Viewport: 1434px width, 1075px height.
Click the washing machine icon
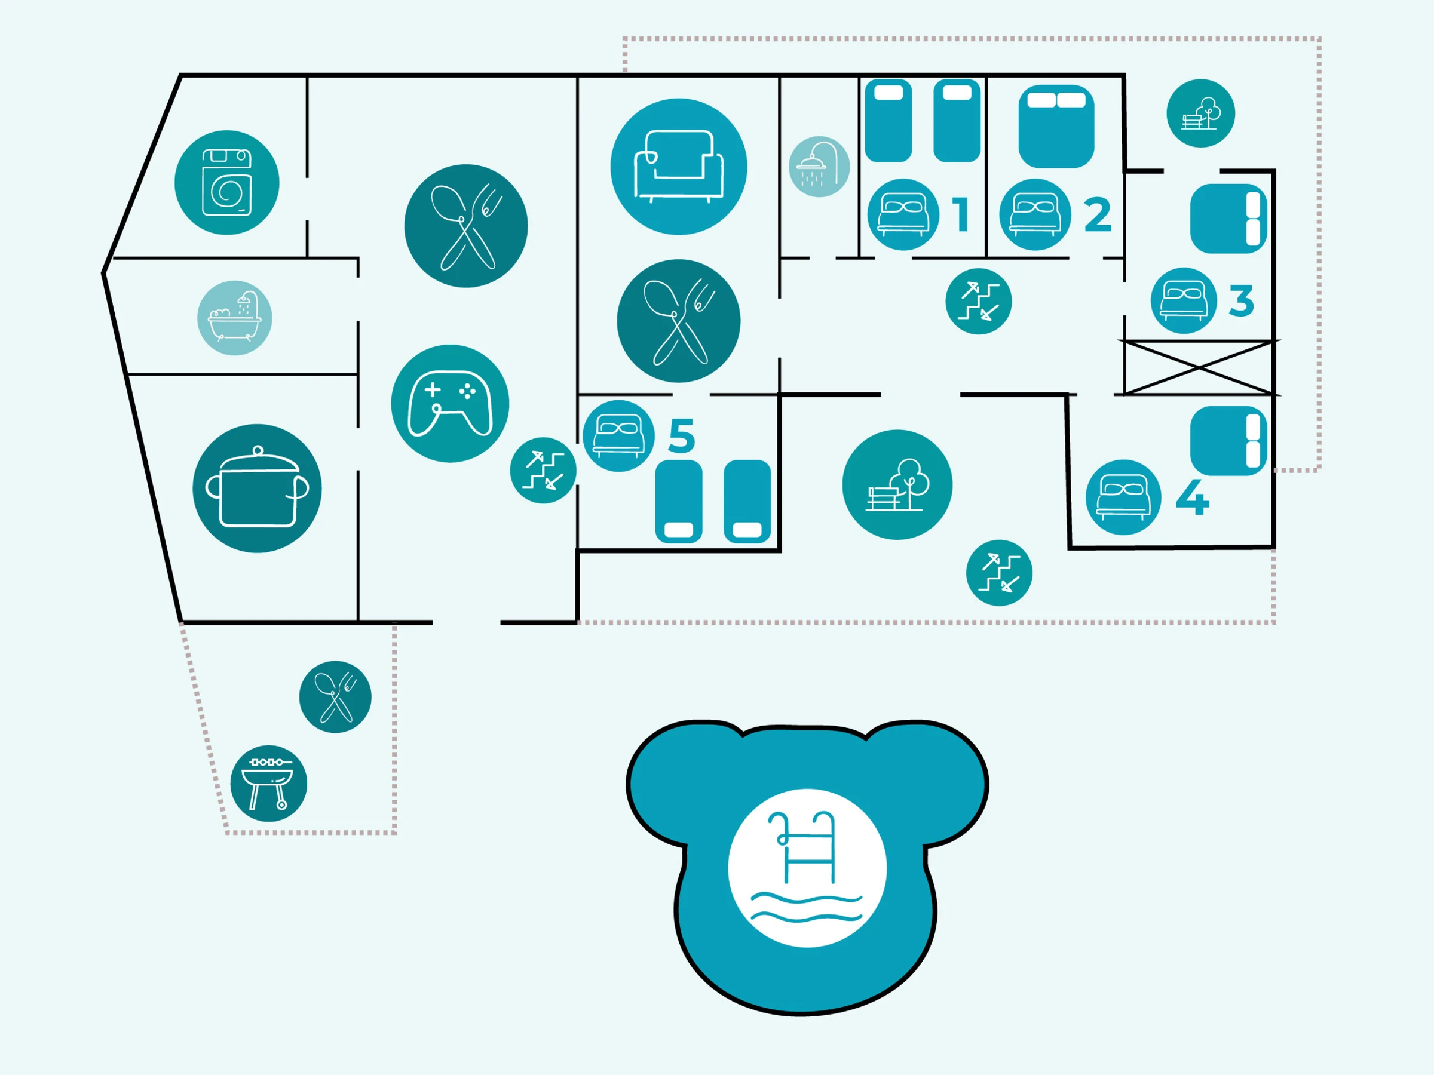(x=227, y=182)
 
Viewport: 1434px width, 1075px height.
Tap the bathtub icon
(x=235, y=318)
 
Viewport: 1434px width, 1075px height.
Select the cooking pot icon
(x=257, y=489)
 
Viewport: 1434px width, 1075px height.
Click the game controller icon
(x=450, y=404)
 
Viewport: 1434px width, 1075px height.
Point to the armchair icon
(x=679, y=167)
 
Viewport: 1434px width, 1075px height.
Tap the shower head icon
(x=819, y=167)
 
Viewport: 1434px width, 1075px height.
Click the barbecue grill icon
(x=268, y=784)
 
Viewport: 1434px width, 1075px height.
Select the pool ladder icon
(x=807, y=868)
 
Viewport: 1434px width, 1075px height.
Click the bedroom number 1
(x=961, y=214)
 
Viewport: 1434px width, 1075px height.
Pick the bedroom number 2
(x=1098, y=215)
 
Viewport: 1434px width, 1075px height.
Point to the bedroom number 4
(x=1192, y=497)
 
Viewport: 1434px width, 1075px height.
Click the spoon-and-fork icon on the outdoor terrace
(x=335, y=697)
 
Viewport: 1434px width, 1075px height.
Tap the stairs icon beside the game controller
(x=543, y=471)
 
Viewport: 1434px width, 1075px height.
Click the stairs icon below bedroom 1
(x=978, y=302)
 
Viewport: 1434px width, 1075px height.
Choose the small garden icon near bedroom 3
(x=1200, y=113)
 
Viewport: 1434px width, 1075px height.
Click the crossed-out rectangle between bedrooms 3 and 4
(x=1199, y=367)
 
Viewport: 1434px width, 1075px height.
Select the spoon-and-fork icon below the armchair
(x=679, y=321)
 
